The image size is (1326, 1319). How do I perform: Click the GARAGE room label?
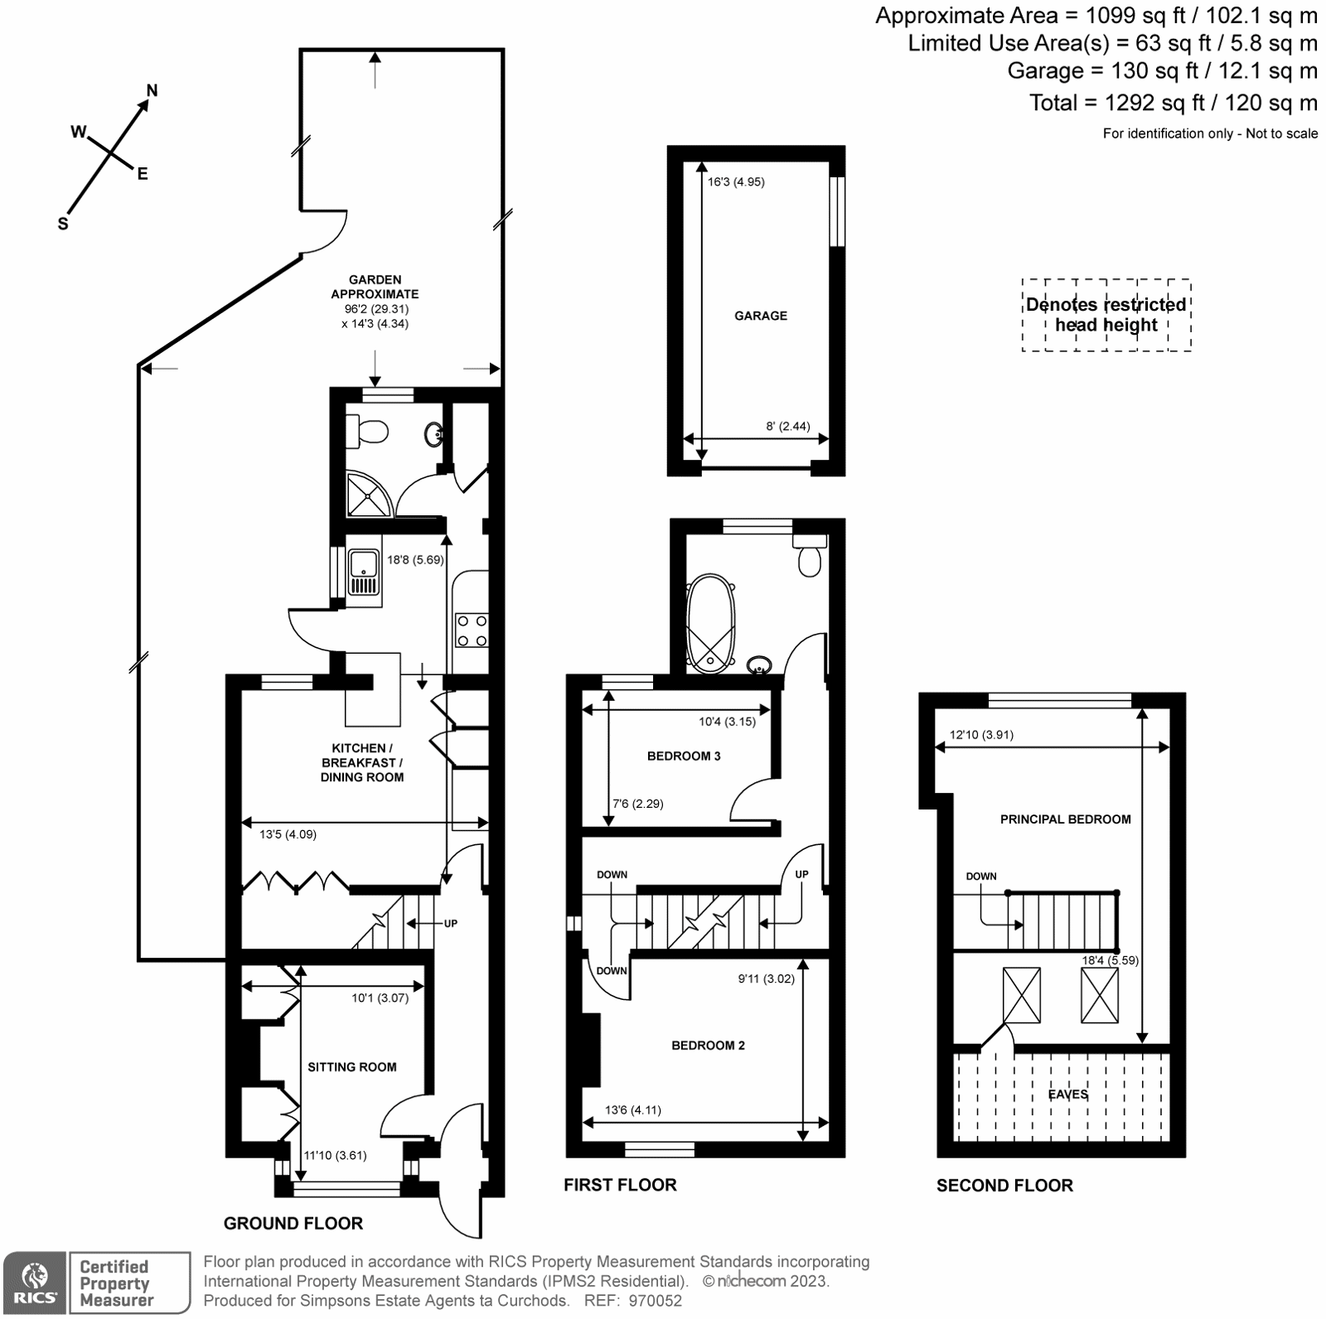tap(760, 316)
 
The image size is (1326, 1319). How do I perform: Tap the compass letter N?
tap(152, 90)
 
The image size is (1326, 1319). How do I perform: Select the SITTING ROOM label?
tap(351, 1067)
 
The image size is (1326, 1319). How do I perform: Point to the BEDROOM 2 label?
tap(708, 1046)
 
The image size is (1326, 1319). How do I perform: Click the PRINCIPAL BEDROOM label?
tap(1065, 819)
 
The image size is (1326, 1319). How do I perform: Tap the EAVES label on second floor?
tap(1067, 1094)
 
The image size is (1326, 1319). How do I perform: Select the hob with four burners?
tap(471, 630)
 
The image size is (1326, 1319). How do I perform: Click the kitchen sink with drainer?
tap(364, 573)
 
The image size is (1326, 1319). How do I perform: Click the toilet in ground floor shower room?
tap(367, 431)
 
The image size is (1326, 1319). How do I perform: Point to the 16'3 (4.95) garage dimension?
tap(736, 181)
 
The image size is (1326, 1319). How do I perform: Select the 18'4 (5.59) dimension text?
tap(1111, 961)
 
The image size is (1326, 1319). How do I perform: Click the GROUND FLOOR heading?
tap(293, 1224)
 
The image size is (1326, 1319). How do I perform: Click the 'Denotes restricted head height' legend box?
tap(1106, 315)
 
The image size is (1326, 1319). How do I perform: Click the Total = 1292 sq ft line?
tap(1173, 103)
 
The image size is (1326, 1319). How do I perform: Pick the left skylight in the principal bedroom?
tap(1021, 995)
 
